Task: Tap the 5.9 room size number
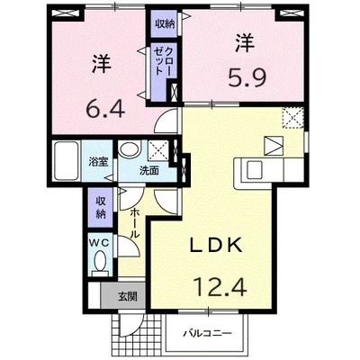247,77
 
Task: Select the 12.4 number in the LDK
220,287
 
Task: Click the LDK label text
216,247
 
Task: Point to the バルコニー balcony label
207,334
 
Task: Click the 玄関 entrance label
128,297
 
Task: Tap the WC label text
100,243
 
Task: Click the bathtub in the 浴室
66,161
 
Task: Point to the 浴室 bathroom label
97,162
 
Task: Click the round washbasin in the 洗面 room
130,148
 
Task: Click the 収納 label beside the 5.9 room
165,24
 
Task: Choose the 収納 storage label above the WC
101,207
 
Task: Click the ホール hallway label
135,224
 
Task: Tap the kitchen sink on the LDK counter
254,169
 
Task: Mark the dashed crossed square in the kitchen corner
293,118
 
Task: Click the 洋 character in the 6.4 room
102,65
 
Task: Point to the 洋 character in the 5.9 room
245,43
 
